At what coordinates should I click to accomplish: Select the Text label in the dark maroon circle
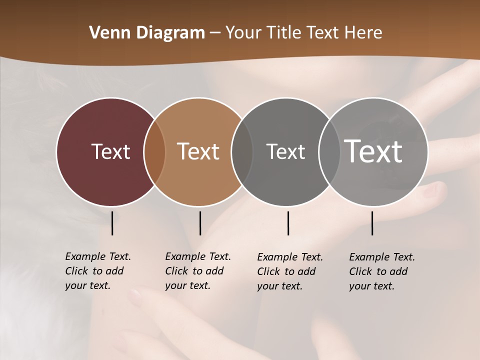110,151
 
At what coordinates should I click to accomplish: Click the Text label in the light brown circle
198,151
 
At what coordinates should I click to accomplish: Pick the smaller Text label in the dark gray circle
285,151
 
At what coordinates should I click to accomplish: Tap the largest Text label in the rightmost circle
373,151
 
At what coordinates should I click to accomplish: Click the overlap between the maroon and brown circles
154,151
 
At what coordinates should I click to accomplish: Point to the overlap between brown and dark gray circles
242,151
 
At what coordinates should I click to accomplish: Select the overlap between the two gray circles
329,151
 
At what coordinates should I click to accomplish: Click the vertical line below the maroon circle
112,223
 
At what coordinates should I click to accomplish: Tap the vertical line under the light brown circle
200,223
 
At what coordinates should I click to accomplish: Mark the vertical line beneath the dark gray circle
288,223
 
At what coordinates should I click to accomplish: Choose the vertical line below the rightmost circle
372,223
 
